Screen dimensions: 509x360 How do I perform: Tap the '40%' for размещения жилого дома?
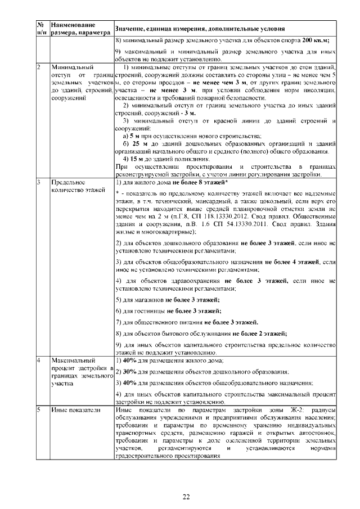[x=122, y=359]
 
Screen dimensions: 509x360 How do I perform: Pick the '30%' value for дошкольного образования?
[x=122, y=372]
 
